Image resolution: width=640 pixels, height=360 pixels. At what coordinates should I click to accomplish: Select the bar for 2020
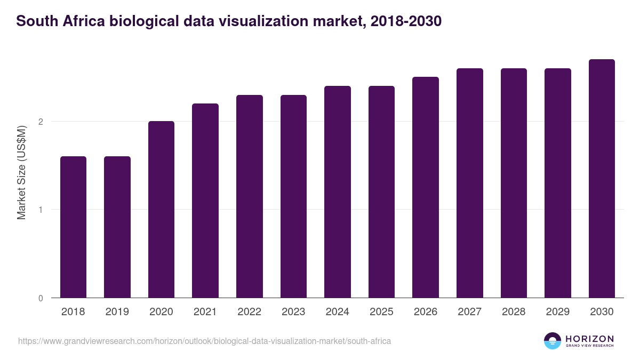point(161,209)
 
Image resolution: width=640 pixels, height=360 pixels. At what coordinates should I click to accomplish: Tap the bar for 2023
point(293,196)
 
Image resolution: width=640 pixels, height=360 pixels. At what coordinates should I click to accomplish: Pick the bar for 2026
point(426,187)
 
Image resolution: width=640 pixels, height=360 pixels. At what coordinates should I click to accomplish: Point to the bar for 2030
point(602,178)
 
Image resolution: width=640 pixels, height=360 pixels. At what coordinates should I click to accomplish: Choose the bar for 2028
point(514,183)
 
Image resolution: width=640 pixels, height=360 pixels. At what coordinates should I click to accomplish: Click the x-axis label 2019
point(117,312)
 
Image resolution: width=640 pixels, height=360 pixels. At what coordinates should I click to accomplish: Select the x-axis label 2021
point(205,312)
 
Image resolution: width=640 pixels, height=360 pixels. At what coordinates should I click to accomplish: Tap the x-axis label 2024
point(338,312)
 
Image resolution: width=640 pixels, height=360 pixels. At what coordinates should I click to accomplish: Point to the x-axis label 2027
point(470,312)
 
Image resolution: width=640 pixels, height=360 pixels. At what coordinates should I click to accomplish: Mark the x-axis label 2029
point(558,312)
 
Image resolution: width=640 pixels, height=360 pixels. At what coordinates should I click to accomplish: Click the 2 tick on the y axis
point(40,122)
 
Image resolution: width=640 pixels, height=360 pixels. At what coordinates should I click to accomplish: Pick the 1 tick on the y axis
point(40,210)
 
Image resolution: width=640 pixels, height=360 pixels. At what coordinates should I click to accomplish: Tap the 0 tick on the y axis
point(40,298)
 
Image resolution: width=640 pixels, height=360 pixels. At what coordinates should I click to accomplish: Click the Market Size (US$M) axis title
point(22,172)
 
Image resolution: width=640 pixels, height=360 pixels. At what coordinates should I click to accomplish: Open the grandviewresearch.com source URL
point(204,341)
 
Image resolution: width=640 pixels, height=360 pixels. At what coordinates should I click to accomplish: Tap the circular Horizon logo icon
point(553,341)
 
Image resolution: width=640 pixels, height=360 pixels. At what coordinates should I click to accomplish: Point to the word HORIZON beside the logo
point(590,339)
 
